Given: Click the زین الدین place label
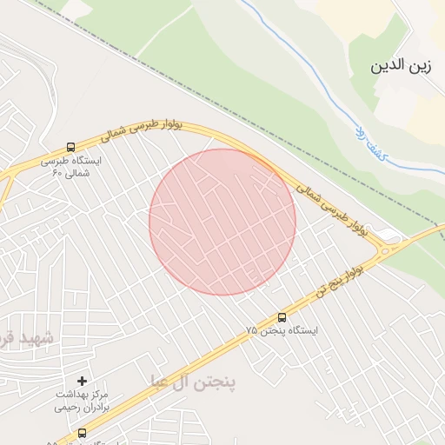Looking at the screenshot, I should click(x=401, y=66).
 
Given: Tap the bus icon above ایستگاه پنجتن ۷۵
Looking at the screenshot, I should click(x=282, y=317).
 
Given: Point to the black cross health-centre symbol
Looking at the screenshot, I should click(x=83, y=381).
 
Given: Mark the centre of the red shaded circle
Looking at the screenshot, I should click(x=222, y=222).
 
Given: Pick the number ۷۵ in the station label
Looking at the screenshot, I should click(x=252, y=331).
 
